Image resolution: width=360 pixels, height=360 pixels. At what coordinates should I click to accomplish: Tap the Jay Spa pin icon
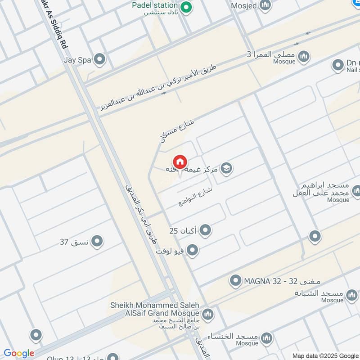click(99, 59)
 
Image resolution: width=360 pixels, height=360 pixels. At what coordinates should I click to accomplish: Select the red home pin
click(180, 162)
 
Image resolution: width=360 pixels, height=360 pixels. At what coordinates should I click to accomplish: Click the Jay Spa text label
click(77, 59)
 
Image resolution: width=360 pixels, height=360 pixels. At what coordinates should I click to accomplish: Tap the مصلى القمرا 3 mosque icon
click(305, 56)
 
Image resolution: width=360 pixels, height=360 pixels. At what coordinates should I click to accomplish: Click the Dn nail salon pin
click(338, 65)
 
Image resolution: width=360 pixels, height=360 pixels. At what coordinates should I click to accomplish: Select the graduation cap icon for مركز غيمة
click(227, 169)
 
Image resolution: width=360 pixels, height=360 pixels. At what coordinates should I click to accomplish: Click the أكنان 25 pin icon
click(205, 231)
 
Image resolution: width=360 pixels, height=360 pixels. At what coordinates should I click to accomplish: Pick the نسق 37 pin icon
click(97, 242)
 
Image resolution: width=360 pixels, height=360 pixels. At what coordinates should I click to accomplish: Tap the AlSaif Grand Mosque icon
click(207, 314)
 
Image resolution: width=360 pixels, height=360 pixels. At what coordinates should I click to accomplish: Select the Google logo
click(18, 353)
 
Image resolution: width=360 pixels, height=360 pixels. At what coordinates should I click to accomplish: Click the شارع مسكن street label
click(177, 130)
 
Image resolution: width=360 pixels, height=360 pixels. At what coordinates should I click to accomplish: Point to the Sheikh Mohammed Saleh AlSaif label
click(155, 309)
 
